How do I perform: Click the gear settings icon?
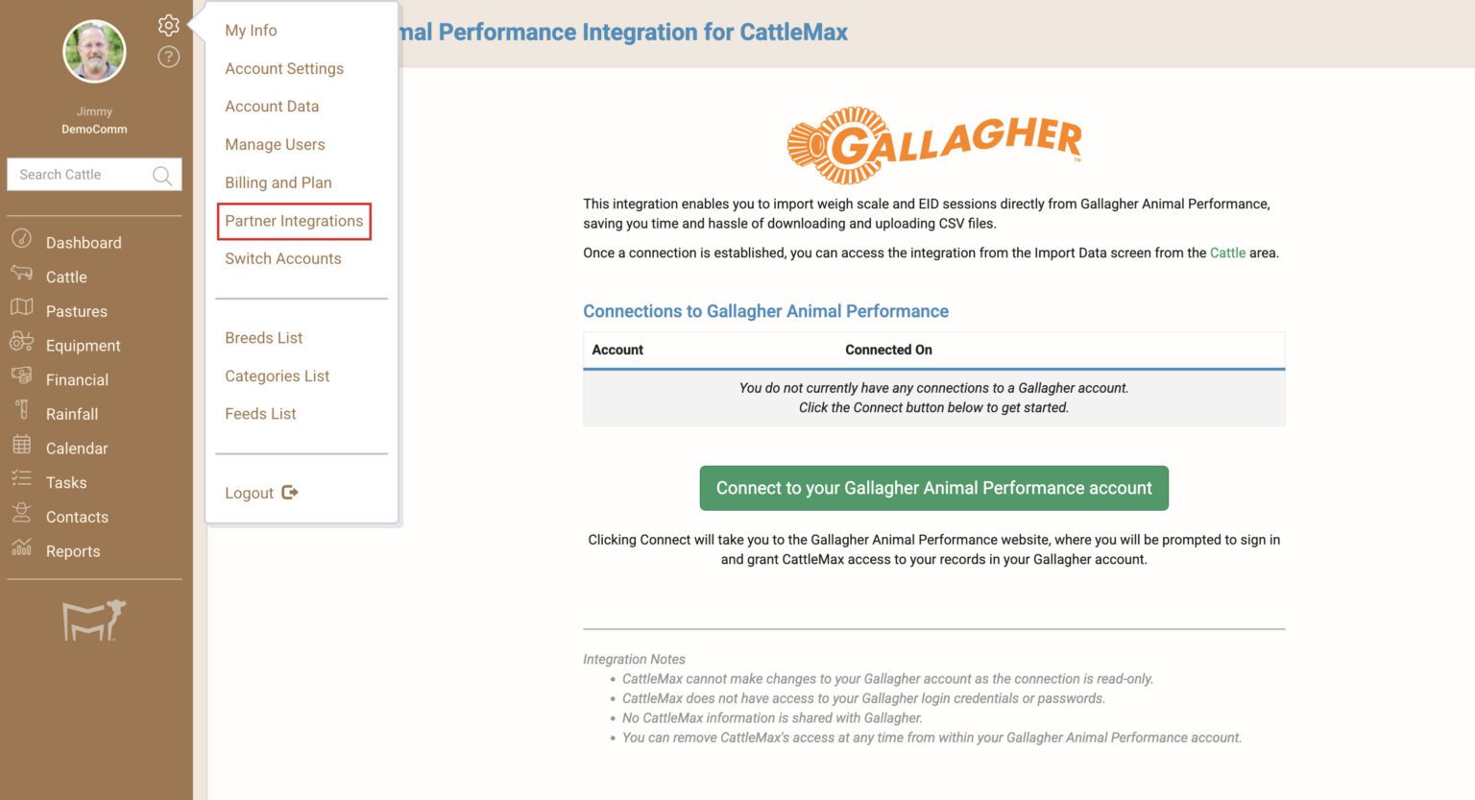pyautogui.click(x=168, y=25)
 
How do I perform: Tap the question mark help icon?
pyautogui.click(x=168, y=58)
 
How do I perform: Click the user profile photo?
pyautogui.click(x=94, y=52)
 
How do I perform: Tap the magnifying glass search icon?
pyautogui.click(x=162, y=175)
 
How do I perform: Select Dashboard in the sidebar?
pyautogui.click(x=84, y=243)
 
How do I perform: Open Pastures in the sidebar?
pyautogui.click(x=76, y=311)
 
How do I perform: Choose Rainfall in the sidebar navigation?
pyautogui.click(x=72, y=414)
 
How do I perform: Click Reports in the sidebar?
pyautogui.click(x=73, y=551)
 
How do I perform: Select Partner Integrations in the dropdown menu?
pyautogui.click(x=294, y=221)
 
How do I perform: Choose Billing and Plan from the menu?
pyautogui.click(x=278, y=182)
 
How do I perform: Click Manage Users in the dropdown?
pyautogui.click(x=275, y=144)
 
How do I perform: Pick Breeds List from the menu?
pyautogui.click(x=263, y=338)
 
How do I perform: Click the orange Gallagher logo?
pyautogui.click(x=933, y=145)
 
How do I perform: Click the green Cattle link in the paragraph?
pyautogui.click(x=1227, y=253)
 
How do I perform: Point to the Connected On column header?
pyautogui.click(x=888, y=350)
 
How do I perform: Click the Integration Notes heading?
pyautogui.click(x=634, y=659)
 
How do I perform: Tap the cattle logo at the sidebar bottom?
pyautogui.click(x=94, y=620)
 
